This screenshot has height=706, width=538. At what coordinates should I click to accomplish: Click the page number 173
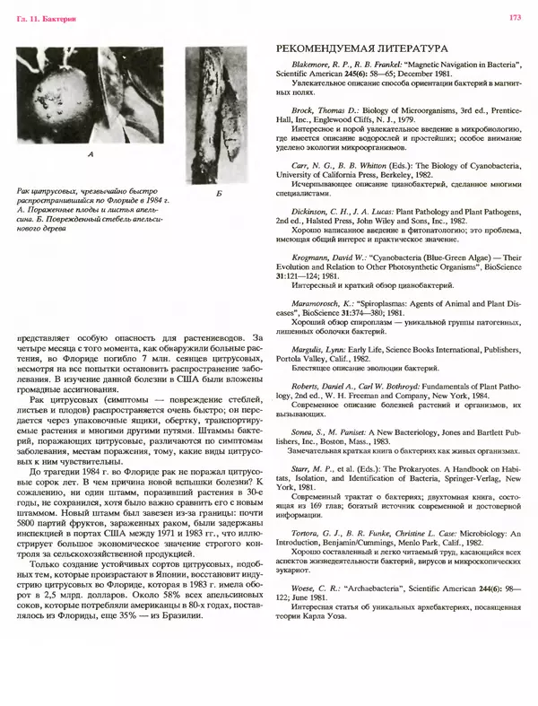[x=516, y=16]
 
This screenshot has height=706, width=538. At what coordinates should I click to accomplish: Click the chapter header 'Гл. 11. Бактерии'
[x=43, y=16]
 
